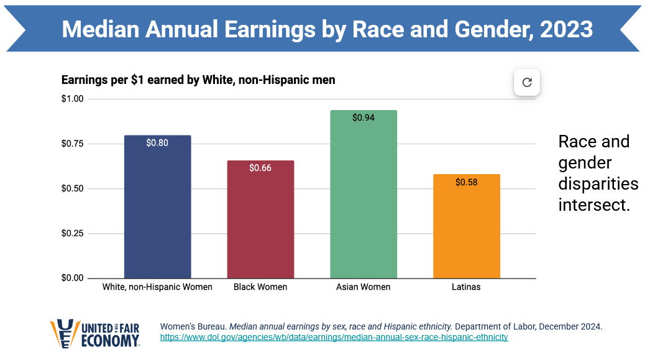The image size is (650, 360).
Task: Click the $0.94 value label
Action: coord(364,118)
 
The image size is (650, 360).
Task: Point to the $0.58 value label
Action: coord(467,182)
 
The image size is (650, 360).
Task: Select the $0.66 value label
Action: coord(260,168)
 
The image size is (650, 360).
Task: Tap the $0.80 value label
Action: coord(157,142)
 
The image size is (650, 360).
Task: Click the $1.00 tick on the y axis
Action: coord(73,99)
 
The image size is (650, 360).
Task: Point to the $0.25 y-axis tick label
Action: coord(73,233)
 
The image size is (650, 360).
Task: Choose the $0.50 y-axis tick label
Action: coord(73,188)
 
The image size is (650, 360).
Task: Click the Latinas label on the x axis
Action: coord(466,287)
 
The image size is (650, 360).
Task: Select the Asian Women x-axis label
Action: coord(364,287)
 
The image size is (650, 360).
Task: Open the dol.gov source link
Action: coord(334,338)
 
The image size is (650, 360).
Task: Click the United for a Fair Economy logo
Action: coord(95,333)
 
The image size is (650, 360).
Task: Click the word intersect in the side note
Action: coord(594,205)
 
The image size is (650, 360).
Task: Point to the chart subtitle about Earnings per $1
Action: coord(198,80)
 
